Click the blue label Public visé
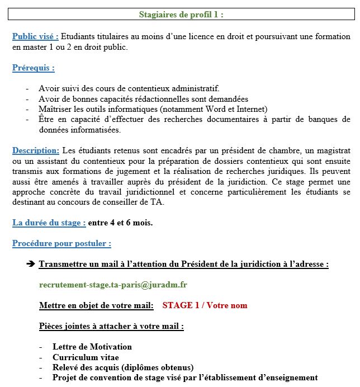[x=35, y=37]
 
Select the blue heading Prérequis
[x=34, y=68]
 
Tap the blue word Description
[x=36, y=150]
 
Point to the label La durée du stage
[x=49, y=223]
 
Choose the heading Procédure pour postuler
[x=61, y=243]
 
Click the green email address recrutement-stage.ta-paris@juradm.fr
[x=113, y=285]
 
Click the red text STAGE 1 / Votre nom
[x=205, y=305]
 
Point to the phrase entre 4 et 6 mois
[x=120, y=223]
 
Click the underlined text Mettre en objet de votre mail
[x=96, y=305]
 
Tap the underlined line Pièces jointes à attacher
[x=111, y=326]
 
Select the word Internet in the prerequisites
[x=250, y=108]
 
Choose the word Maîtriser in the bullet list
[x=56, y=108]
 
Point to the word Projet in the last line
[x=66, y=377]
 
